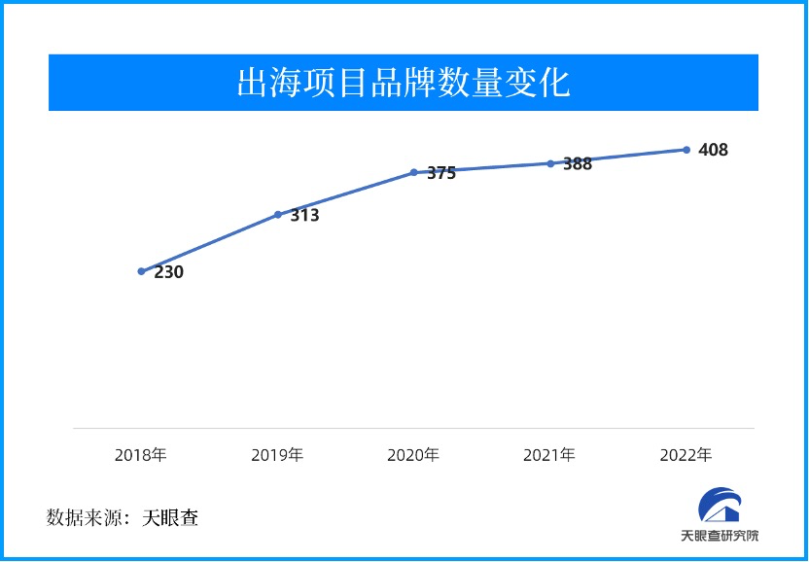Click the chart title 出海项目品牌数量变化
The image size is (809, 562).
(404, 83)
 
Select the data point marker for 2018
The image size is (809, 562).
(141, 271)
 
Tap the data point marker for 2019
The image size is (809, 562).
(277, 214)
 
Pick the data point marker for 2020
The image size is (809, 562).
(413, 172)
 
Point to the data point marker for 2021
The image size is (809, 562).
(549, 163)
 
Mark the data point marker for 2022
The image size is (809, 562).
(686, 150)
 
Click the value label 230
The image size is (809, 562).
(169, 273)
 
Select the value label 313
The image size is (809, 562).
(304, 216)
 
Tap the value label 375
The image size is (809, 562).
(441, 174)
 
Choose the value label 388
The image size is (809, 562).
(578, 164)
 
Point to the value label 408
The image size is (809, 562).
(713, 151)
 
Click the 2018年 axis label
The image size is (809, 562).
(141, 454)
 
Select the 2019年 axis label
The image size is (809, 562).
(277, 454)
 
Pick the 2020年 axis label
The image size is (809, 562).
(413, 454)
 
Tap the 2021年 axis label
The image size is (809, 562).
(549, 454)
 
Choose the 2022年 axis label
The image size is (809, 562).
(686, 454)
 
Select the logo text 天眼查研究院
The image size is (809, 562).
(720, 536)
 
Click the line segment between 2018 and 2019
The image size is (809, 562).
(209, 243)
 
